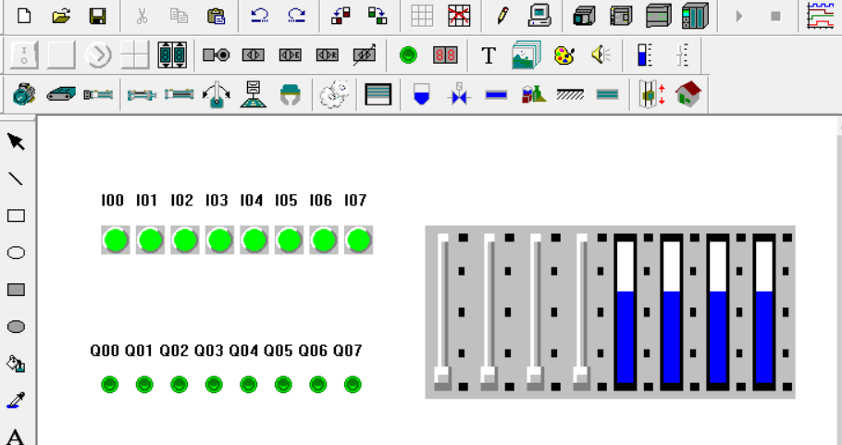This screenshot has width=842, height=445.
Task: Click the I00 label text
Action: [112, 200]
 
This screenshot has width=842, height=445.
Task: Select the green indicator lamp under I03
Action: [219, 240]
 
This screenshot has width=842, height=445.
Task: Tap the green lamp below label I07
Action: [358, 240]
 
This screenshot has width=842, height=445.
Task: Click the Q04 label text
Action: [243, 351]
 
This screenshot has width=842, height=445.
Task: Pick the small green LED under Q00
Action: [109, 384]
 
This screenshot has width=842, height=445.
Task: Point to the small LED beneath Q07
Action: [353, 384]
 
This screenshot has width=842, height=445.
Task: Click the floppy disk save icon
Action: [97, 16]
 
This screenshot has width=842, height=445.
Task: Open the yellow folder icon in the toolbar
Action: [61, 16]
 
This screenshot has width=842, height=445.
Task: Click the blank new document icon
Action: [24, 16]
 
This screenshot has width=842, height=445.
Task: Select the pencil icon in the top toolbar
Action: [502, 16]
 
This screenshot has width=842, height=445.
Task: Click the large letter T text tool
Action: [489, 56]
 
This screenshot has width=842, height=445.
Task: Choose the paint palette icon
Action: [563, 56]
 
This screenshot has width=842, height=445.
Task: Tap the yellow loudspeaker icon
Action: [601, 55]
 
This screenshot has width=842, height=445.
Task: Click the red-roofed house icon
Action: [688, 94]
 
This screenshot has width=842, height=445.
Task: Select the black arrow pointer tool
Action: [16, 142]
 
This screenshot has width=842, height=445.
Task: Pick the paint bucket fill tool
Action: [16, 364]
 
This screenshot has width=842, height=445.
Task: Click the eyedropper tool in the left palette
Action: [16, 401]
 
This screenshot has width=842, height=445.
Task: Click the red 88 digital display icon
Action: [445, 55]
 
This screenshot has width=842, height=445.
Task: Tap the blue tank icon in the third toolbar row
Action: [422, 94]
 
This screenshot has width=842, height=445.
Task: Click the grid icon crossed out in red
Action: [459, 16]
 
